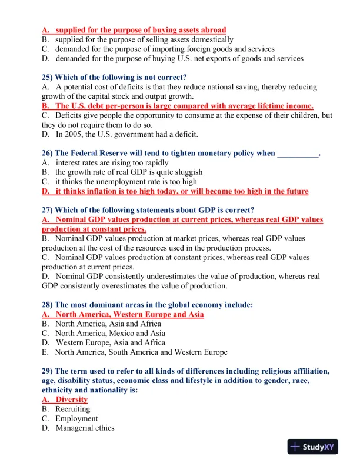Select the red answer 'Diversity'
(x=71, y=400)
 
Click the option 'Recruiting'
(x=72, y=409)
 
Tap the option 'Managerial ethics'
(x=85, y=428)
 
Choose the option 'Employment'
(x=76, y=418)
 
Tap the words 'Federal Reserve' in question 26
(x=99, y=153)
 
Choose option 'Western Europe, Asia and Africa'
(x=111, y=342)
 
